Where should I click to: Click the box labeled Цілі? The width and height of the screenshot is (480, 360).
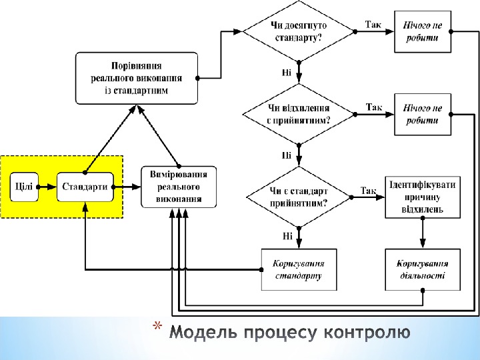click(x=25, y=187)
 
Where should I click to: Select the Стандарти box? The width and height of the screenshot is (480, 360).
click(x=85, y=187)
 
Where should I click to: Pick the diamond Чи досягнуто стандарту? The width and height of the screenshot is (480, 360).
click(x=298, y=31)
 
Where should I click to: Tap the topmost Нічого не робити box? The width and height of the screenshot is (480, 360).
click(x=423, y=31)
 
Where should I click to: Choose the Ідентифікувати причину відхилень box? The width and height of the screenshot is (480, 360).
click(x=423, y=197)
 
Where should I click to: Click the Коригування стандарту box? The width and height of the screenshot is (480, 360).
click(x=298, y=269)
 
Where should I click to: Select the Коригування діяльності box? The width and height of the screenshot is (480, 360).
click(x=423, y=269)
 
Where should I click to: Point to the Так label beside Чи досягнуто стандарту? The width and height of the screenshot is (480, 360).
click(x=373, y=24)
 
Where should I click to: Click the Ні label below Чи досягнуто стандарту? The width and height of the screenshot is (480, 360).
click(x=287, y=72)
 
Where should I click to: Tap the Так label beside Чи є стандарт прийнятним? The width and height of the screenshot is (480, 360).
click(x=369, y=191)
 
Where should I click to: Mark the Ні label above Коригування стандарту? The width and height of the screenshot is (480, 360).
click(x=287, y=235)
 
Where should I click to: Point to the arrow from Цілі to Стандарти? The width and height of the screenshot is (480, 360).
click(x=48, y=187)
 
